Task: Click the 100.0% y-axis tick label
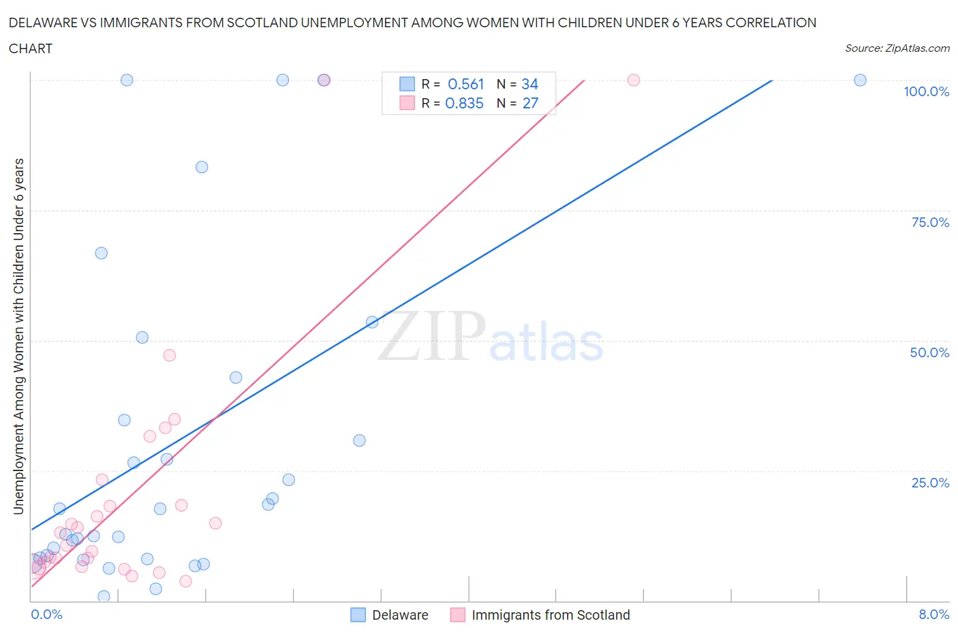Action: (x=926, y=91)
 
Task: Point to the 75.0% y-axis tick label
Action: (x=930, y=222)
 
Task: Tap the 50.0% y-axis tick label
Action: (x=929, y=352)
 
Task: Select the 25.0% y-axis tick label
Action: (x=930, y=483)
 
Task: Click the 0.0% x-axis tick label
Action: (x=46, y=614)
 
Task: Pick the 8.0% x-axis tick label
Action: (x=933, y=614)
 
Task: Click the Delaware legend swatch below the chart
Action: (x=358, y=615)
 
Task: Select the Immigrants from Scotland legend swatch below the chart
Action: (x=458, y=615)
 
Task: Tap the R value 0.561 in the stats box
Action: (x=465, y=84)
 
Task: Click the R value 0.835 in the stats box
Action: (x=464, y=103)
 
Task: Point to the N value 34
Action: (x=529, y=84)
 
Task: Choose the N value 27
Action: (x=530, y=103)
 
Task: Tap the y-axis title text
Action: (x=18, y=336)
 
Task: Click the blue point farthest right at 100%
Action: (x=860, y=80)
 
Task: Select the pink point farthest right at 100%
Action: (x=634, y=80)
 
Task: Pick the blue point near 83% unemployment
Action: (x=202, y=167)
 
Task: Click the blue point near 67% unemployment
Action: (x=101, y=253)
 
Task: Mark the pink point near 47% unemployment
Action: (x=170, y=355)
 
